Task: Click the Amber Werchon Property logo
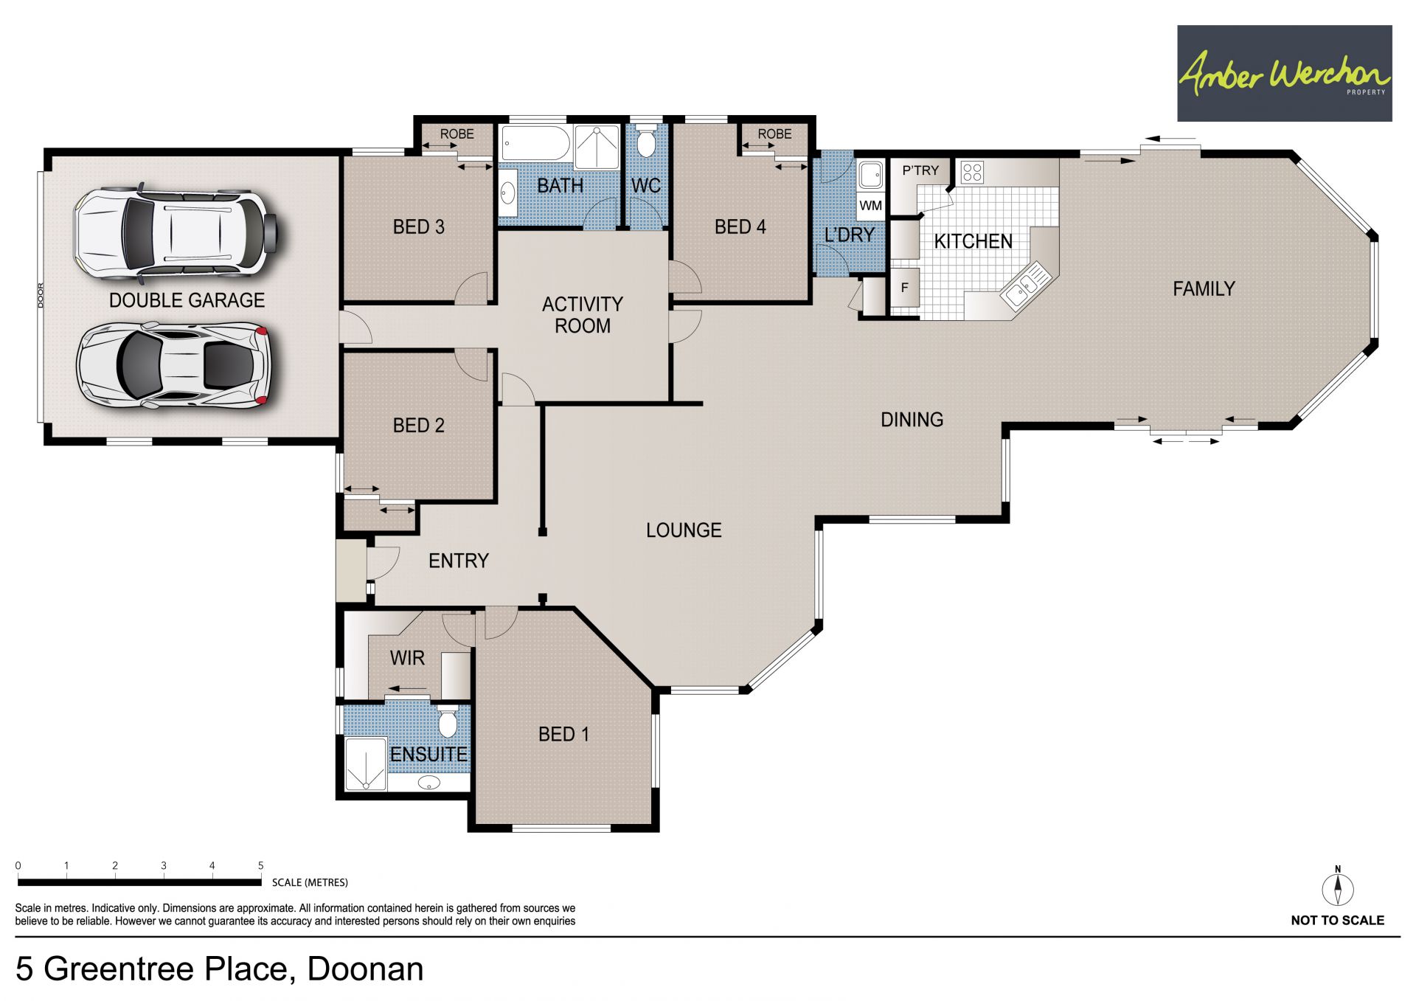[1284, 73]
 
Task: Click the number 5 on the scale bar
[260, 865]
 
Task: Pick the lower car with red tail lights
[173, 365]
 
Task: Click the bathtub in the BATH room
[536, 142]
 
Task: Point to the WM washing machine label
[871, 206]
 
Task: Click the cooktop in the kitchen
[972, 173]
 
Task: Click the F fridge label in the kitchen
[905, 288]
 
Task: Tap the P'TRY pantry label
[920, 170]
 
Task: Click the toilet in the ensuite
[448, 721]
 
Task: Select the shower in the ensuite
[366, 763]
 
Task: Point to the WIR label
[407, 657]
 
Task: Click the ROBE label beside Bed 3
[457, 134]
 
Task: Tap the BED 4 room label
[740, 227]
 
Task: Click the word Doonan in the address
[366, 969]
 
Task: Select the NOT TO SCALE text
[1338, 920]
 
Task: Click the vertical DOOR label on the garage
[41, 295]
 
